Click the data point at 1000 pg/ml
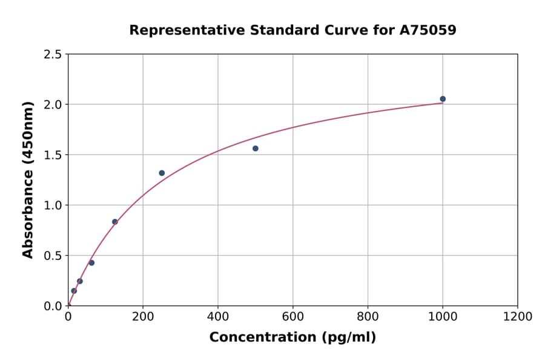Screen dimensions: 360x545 (443, 99)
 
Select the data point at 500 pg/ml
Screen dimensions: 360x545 (256, 148)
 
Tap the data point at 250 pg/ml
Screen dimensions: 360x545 (162, 173)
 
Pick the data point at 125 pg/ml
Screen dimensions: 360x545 (115, 222)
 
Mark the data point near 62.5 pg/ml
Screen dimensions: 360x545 (91, 263)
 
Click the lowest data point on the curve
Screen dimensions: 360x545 (74, 291)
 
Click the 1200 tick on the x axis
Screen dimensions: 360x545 (518, 317)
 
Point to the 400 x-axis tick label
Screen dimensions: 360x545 (218, 317)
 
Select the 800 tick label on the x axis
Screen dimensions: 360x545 (368, 317)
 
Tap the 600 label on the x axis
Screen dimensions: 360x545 (293, 317)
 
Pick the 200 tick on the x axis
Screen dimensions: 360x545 (143, 317)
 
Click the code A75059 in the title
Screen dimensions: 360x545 (428, 30)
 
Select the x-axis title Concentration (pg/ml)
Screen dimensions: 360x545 (292, 338)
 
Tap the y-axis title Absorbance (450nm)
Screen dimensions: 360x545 (28, 180)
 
